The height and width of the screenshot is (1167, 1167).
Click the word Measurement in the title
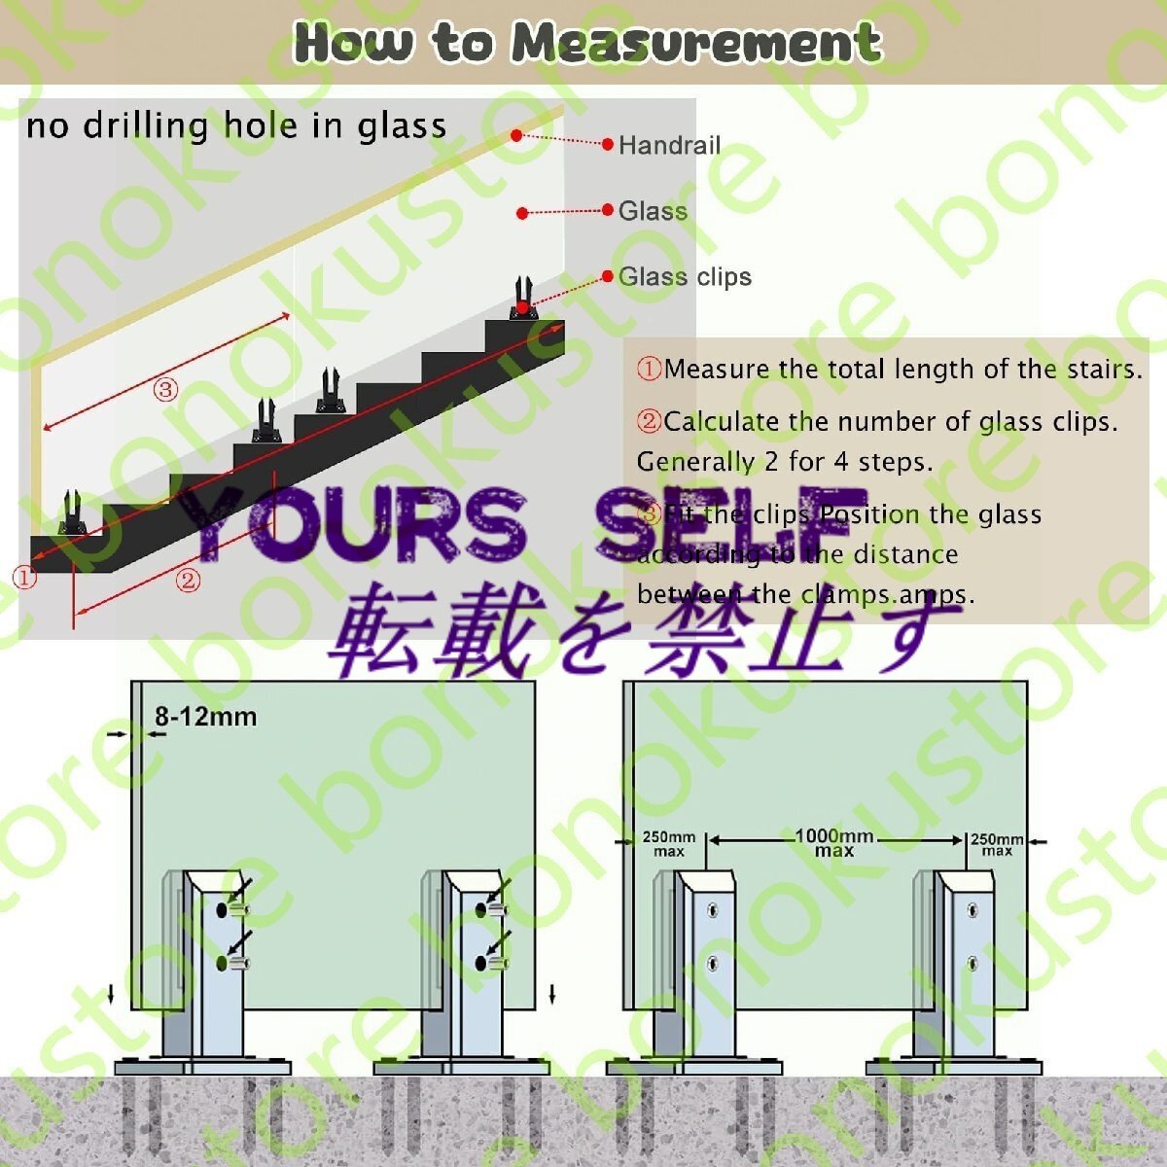(696, 43)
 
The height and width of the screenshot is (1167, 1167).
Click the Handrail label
(669, 146)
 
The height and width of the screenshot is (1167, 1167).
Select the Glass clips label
(685, 277)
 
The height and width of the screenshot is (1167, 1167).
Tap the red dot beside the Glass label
(522, 212)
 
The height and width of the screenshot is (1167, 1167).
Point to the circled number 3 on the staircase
(165, 391)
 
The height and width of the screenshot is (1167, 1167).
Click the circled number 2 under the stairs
(188, 582)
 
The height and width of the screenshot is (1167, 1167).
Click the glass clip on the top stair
(524, 298)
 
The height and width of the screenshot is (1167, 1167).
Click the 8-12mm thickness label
(205, 718)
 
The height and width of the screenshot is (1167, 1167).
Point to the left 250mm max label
(668, 843)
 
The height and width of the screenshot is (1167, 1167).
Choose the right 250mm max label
(997, 843)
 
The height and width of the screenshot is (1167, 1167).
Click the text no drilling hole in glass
(236, 126)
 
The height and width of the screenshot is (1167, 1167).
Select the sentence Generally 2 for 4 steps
(784, 462)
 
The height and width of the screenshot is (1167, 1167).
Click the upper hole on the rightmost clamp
(972, 911)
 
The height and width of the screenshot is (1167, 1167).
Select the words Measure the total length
(777, 370)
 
